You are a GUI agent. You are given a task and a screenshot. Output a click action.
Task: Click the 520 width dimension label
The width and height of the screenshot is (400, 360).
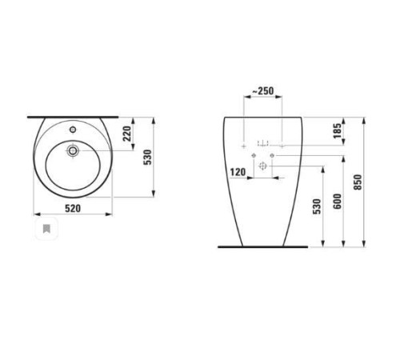pos(74,208)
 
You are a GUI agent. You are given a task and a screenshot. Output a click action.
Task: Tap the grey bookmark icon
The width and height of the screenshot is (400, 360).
pos(47,230)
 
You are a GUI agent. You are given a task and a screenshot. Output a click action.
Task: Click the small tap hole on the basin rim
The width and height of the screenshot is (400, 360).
pos(73,128)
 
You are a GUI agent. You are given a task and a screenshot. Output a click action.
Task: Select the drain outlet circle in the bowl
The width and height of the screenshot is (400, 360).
pos(73,149)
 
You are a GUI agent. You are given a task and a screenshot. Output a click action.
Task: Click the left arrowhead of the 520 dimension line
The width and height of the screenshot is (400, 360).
pos(35,216)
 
